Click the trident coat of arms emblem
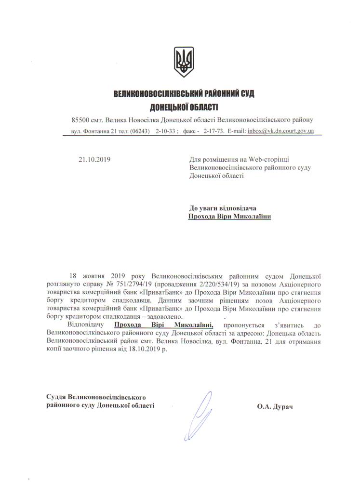183,62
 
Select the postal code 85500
80,119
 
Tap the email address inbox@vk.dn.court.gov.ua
281,131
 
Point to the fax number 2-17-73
214,131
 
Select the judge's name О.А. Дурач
275,407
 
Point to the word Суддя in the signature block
56,397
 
